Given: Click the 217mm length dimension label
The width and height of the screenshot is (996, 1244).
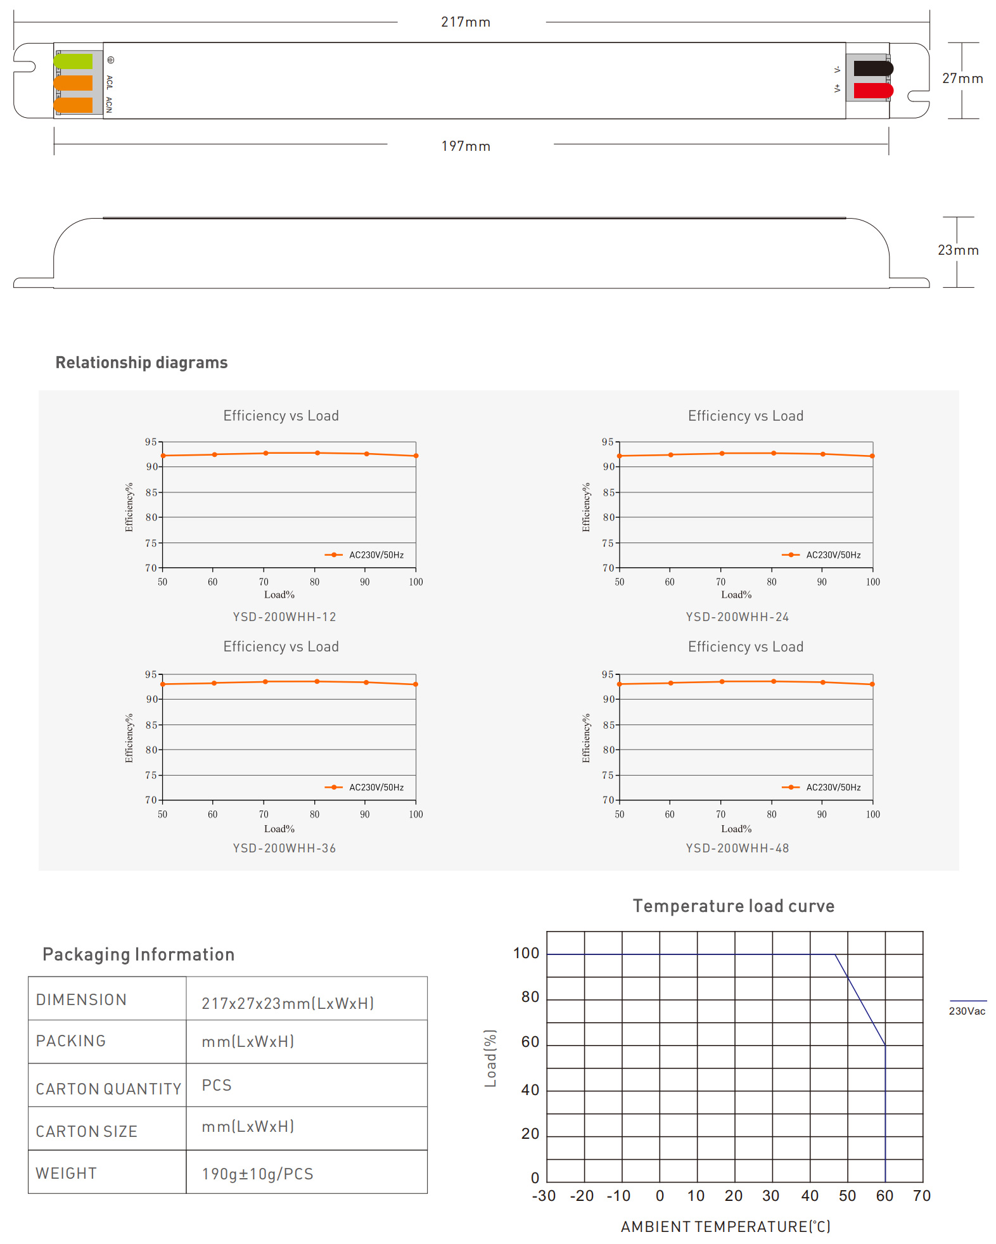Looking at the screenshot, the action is [466, 22].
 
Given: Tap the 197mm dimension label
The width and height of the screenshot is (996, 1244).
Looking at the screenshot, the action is [466, 146].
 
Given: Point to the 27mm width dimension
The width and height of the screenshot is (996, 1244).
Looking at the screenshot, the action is [962, 79].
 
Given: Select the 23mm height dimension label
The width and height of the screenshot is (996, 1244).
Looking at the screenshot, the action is [958, 250].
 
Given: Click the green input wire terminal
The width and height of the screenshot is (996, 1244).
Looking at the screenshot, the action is [73, 61].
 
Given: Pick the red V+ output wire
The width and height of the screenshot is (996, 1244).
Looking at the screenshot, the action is [873, 91].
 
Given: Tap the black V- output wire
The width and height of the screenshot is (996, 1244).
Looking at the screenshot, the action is [873, 68].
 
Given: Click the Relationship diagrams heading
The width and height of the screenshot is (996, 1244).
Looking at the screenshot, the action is [141, 362].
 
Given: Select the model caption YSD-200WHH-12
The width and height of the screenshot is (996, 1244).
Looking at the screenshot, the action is [284, 617].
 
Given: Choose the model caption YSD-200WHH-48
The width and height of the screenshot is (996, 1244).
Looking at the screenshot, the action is [737, 848].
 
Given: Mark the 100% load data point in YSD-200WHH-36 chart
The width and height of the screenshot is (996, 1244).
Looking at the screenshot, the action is [416, 684].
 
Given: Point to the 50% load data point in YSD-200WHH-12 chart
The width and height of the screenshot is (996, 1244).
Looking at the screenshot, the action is [163, 456].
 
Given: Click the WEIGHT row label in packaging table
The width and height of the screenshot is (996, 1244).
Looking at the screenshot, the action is [66, 1174].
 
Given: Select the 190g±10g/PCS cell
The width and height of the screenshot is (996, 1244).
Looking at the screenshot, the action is [257, 1174].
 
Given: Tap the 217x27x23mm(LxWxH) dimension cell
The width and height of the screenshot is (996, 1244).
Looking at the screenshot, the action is [288, 1003].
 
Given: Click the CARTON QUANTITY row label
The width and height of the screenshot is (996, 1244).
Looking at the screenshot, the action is [108, 1089].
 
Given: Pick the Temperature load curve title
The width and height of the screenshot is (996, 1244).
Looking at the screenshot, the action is [734, 906].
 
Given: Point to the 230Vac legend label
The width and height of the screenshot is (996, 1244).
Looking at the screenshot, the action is [967, 1011].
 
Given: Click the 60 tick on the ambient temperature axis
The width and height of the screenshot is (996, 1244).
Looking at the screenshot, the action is [884, 1196].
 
